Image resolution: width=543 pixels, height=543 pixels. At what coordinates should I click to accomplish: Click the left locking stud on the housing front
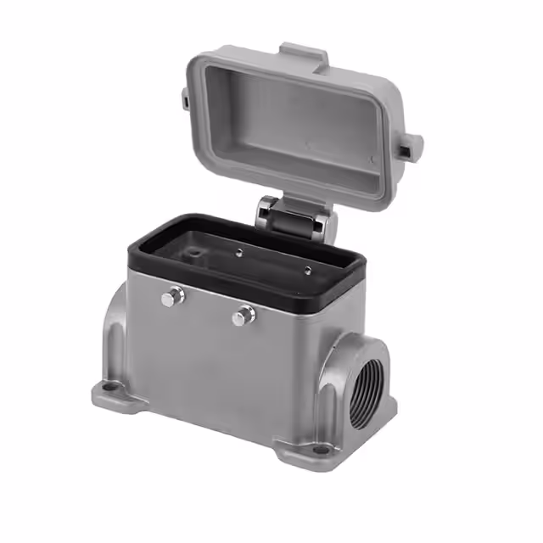click(x=173, y=296)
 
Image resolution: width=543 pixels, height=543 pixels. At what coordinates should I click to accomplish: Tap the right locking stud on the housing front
click(x=243, y=316)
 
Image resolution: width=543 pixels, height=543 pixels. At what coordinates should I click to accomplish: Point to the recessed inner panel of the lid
click(x=297, y=119)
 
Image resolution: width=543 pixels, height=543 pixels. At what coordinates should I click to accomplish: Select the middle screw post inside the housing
click(x=241, y=250)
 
